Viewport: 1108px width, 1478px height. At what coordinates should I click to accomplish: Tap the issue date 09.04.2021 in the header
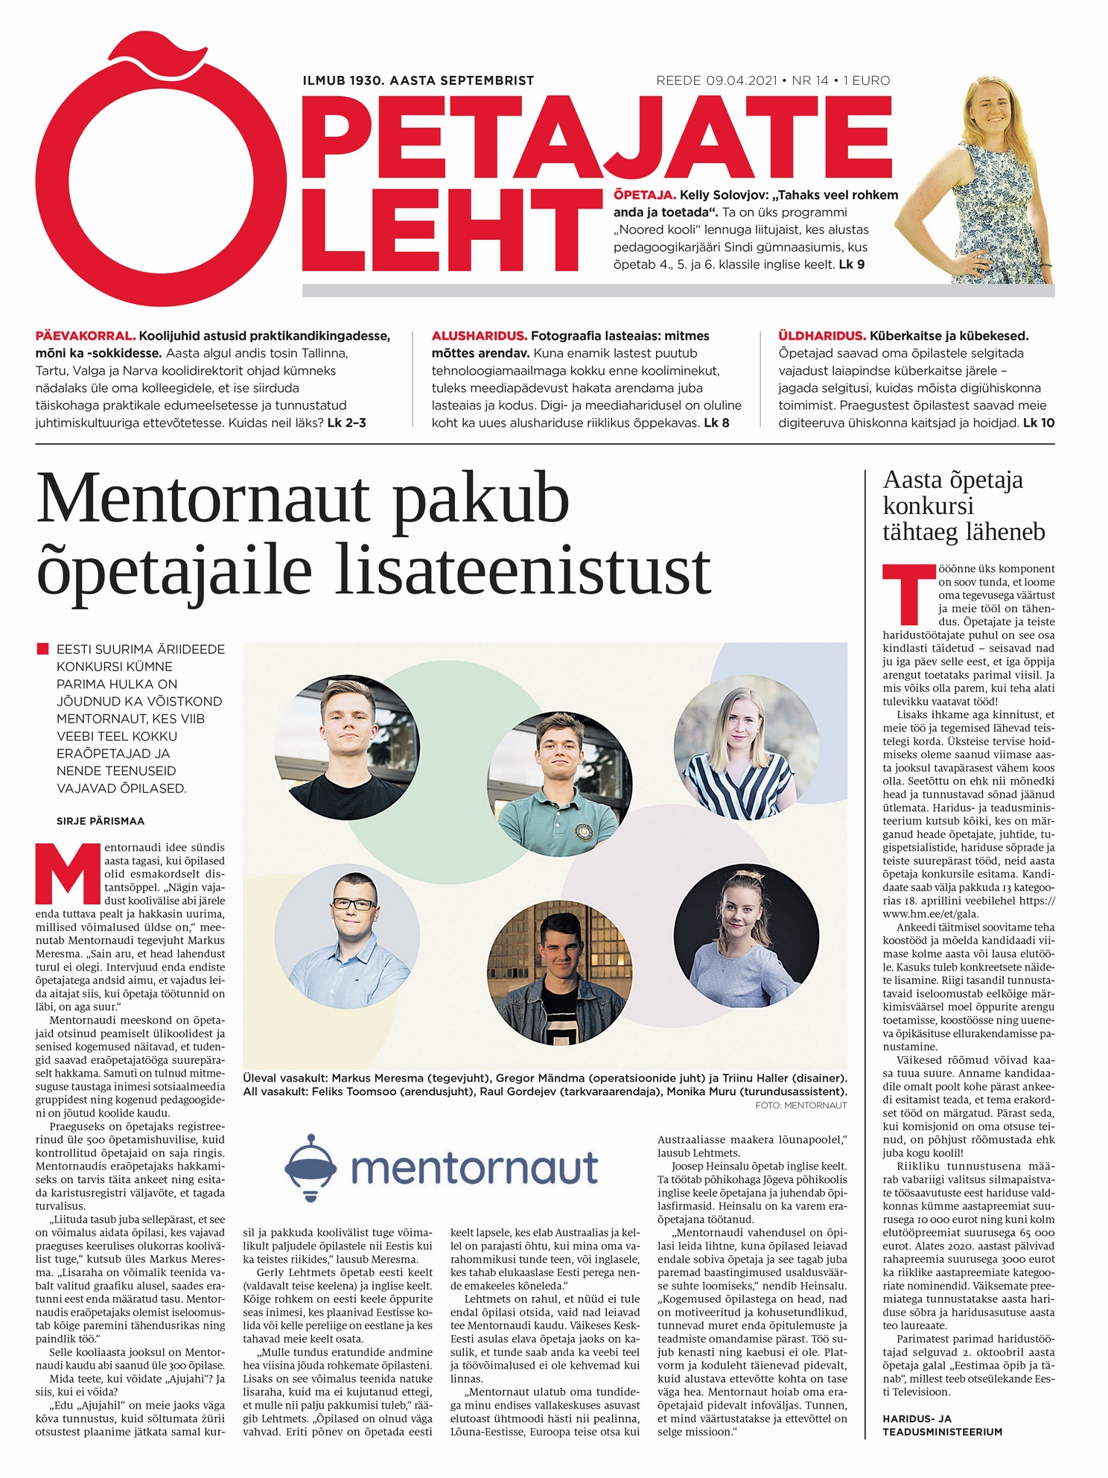tap(741, 80)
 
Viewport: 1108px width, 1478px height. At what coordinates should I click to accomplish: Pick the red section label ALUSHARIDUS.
tap(480, 336)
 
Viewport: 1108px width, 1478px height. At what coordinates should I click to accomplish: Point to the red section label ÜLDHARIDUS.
tap(821, 336)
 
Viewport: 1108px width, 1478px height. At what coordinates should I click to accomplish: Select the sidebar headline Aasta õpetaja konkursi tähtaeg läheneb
tap(964, 506)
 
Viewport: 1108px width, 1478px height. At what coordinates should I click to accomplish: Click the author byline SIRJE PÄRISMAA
tap(101, 821)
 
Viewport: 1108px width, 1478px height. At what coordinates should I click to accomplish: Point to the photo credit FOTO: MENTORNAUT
tap(800, 1105)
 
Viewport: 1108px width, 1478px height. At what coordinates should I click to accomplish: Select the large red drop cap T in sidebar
tap(908, 595)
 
